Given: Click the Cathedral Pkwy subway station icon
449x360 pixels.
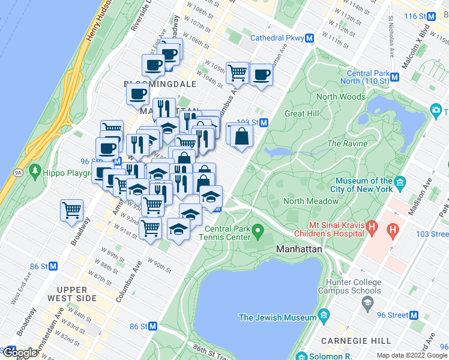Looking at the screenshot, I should coord(310,38).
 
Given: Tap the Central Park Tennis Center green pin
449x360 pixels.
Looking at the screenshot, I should coord(258,229).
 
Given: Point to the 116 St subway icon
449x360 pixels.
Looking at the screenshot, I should coord(426,16).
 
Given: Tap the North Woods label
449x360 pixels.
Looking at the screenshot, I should coord(340,97).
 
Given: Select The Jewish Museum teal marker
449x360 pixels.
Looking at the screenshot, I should coord(324,316).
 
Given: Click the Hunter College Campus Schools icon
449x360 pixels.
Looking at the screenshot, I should coord(366,304).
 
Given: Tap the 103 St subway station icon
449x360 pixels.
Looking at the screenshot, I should coord(264,122).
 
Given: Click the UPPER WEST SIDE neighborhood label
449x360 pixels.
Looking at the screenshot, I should coord(77,294).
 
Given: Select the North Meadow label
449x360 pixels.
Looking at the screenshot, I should coord(311,201).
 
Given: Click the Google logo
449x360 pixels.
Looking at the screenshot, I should coord(19,352).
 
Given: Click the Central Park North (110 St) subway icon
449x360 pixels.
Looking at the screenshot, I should coord(394,76).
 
